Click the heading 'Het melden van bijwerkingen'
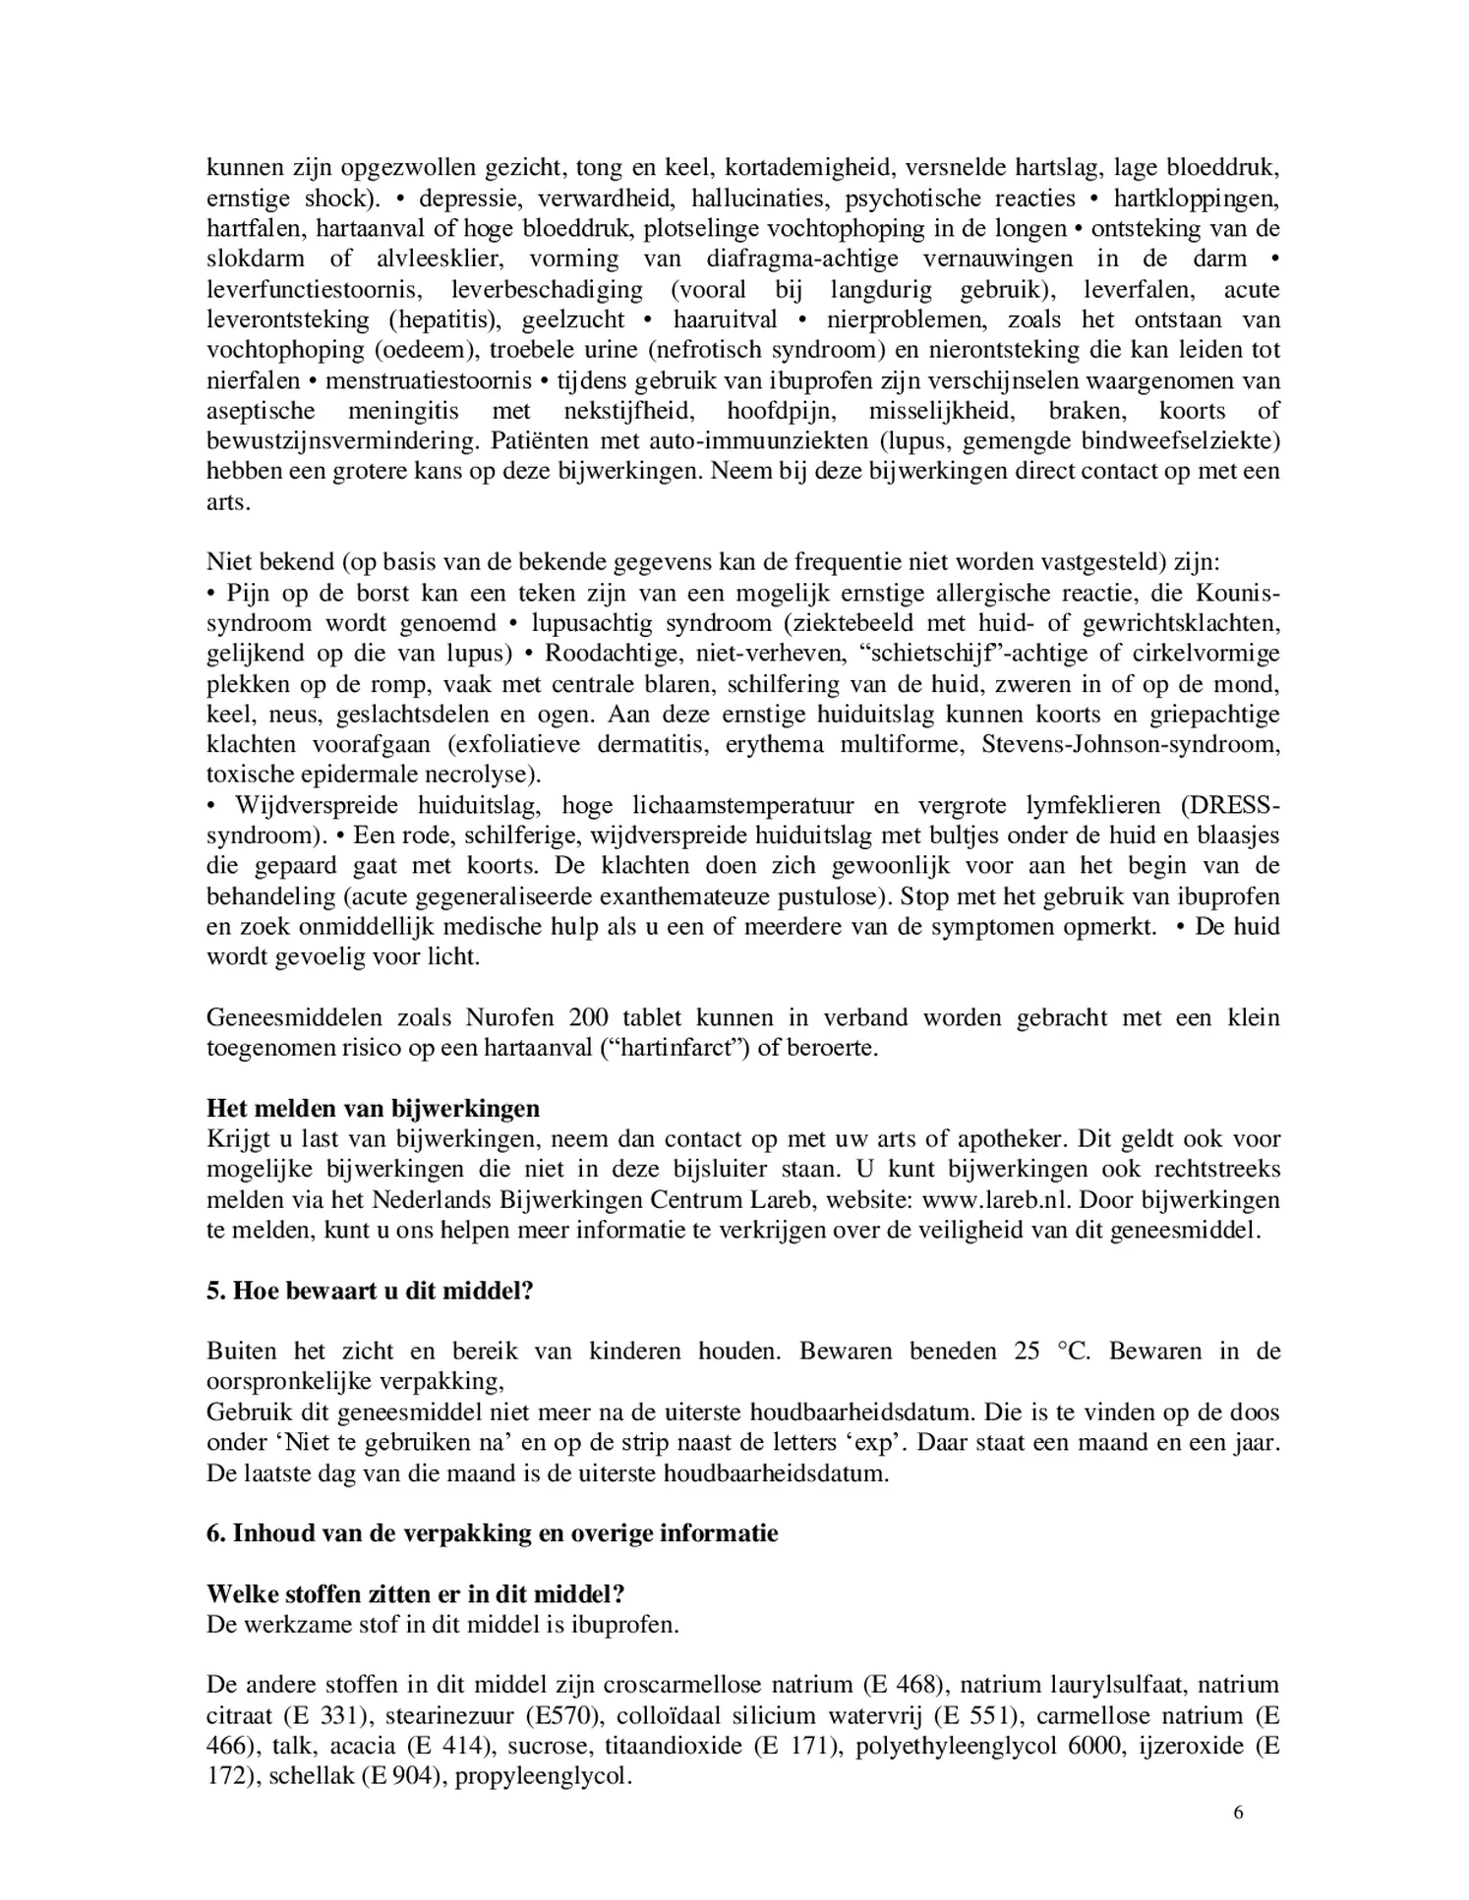373,1109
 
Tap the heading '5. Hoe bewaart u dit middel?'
370,1291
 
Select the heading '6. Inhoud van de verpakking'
492,1533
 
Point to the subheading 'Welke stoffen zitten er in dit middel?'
416,1593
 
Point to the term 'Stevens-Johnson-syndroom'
1131,744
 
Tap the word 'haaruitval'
725,320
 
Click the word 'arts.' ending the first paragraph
228,502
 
